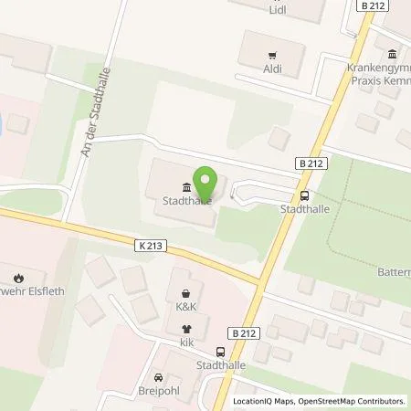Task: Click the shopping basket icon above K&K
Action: [x=188, y=295]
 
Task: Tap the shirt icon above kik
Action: [x=188, y=329]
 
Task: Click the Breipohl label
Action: [x=159, y=392]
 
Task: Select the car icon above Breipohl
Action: [x=159, y=377]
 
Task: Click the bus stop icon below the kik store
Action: [x=219, y=352]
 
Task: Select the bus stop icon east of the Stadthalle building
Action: [x=303, y=195]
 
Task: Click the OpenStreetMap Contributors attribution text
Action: [x=355, y=401]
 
